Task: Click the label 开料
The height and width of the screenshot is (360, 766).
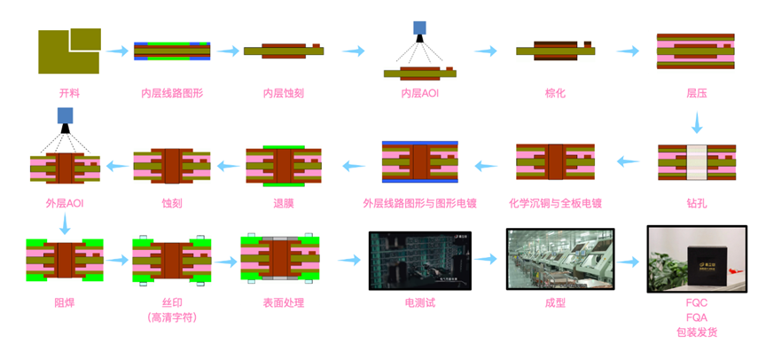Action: click(68, 92)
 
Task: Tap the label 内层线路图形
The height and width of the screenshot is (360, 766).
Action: click(172, 92)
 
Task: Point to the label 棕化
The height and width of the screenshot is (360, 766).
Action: click(555, 92)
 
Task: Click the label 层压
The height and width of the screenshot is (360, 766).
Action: click(696, 92)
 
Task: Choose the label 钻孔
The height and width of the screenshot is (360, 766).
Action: click(696, 203)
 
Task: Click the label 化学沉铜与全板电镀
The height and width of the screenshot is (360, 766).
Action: click(556, 203)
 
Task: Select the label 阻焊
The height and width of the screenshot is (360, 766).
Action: click(65, 303)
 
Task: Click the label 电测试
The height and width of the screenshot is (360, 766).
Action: click(419, 303)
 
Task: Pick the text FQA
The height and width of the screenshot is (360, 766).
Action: click(696, 317)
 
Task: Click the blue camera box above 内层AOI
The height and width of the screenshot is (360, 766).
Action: click(420, 28)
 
